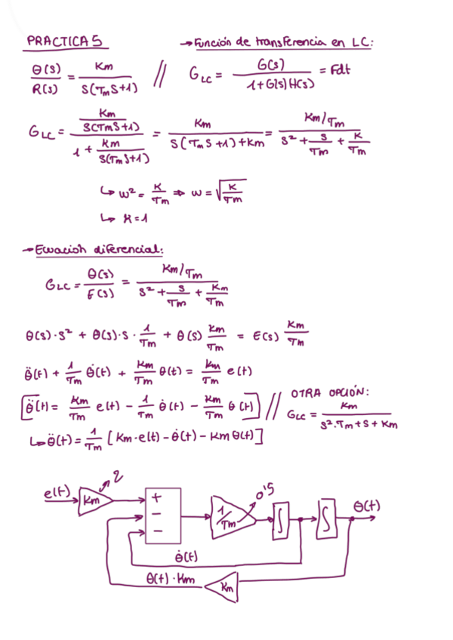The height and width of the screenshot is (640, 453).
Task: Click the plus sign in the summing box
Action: pos(158,498)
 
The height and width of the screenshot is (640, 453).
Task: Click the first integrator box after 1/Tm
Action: pos(281,521)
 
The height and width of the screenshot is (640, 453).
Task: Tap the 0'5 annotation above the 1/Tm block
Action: pos(265,493)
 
